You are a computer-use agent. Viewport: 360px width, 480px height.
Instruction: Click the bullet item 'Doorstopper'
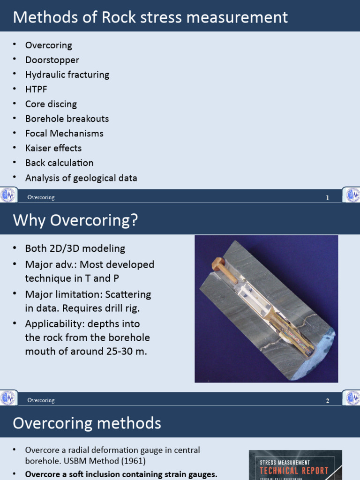click(52, 60)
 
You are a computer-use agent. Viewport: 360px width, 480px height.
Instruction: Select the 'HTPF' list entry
click(36, 89)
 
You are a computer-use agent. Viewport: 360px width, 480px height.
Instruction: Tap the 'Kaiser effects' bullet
click(53, 148)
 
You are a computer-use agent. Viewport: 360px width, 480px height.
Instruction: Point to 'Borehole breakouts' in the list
click(67, 119)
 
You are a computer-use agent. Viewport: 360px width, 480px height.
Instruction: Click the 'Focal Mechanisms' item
click(64, 134)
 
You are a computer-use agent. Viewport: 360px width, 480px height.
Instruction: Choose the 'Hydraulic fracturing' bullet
click(67, 75)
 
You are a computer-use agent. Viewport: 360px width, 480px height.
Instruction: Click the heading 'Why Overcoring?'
click(75, 220)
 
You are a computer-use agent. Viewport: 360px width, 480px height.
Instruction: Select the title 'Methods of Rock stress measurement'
click(150, 17)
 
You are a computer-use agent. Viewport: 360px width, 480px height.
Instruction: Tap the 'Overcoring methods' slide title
click(87, 423)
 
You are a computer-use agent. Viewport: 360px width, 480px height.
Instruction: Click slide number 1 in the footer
click(328, 198)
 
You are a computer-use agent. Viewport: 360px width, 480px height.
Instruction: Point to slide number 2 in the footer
click(328, 401)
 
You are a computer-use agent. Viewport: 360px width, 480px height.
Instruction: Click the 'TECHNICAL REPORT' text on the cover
click(294, 471)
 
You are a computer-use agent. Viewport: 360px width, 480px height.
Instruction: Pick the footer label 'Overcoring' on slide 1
click(41, 197)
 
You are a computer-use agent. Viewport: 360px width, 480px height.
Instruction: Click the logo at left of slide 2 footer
click(8, 398)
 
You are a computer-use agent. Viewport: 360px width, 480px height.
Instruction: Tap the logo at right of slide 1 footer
click(352, 195)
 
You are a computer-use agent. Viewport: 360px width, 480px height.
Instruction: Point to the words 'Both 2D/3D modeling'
click(75, 248)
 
